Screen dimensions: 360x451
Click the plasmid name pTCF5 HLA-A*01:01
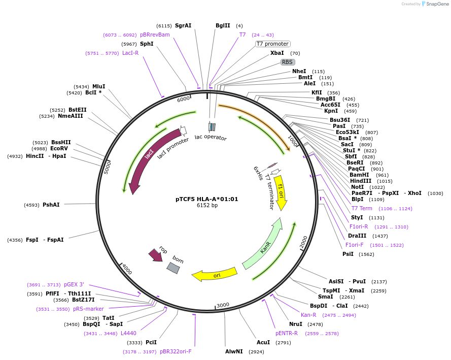click(207, 199)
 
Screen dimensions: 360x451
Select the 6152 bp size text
click(207, 206)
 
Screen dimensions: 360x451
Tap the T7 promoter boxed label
click(272, 44)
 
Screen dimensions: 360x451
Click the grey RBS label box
click(288, 62)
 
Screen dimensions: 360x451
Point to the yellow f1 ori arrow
click(281, 192)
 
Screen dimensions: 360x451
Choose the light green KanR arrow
click(264, 245)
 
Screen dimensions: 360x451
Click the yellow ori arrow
click(215, 275)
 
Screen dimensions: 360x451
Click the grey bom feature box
click(174, 267)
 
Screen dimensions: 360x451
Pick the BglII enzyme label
click(223, 25)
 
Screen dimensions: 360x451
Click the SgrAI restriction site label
click(183, 25)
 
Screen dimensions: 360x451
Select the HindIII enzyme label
click(360, 181)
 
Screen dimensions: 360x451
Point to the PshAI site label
click(51, 205)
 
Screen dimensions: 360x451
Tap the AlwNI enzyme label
click(234, 351)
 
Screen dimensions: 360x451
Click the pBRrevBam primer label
click(155, 35)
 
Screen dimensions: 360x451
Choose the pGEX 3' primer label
click(74, 284)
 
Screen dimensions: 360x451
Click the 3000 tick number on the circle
click(223, 305)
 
